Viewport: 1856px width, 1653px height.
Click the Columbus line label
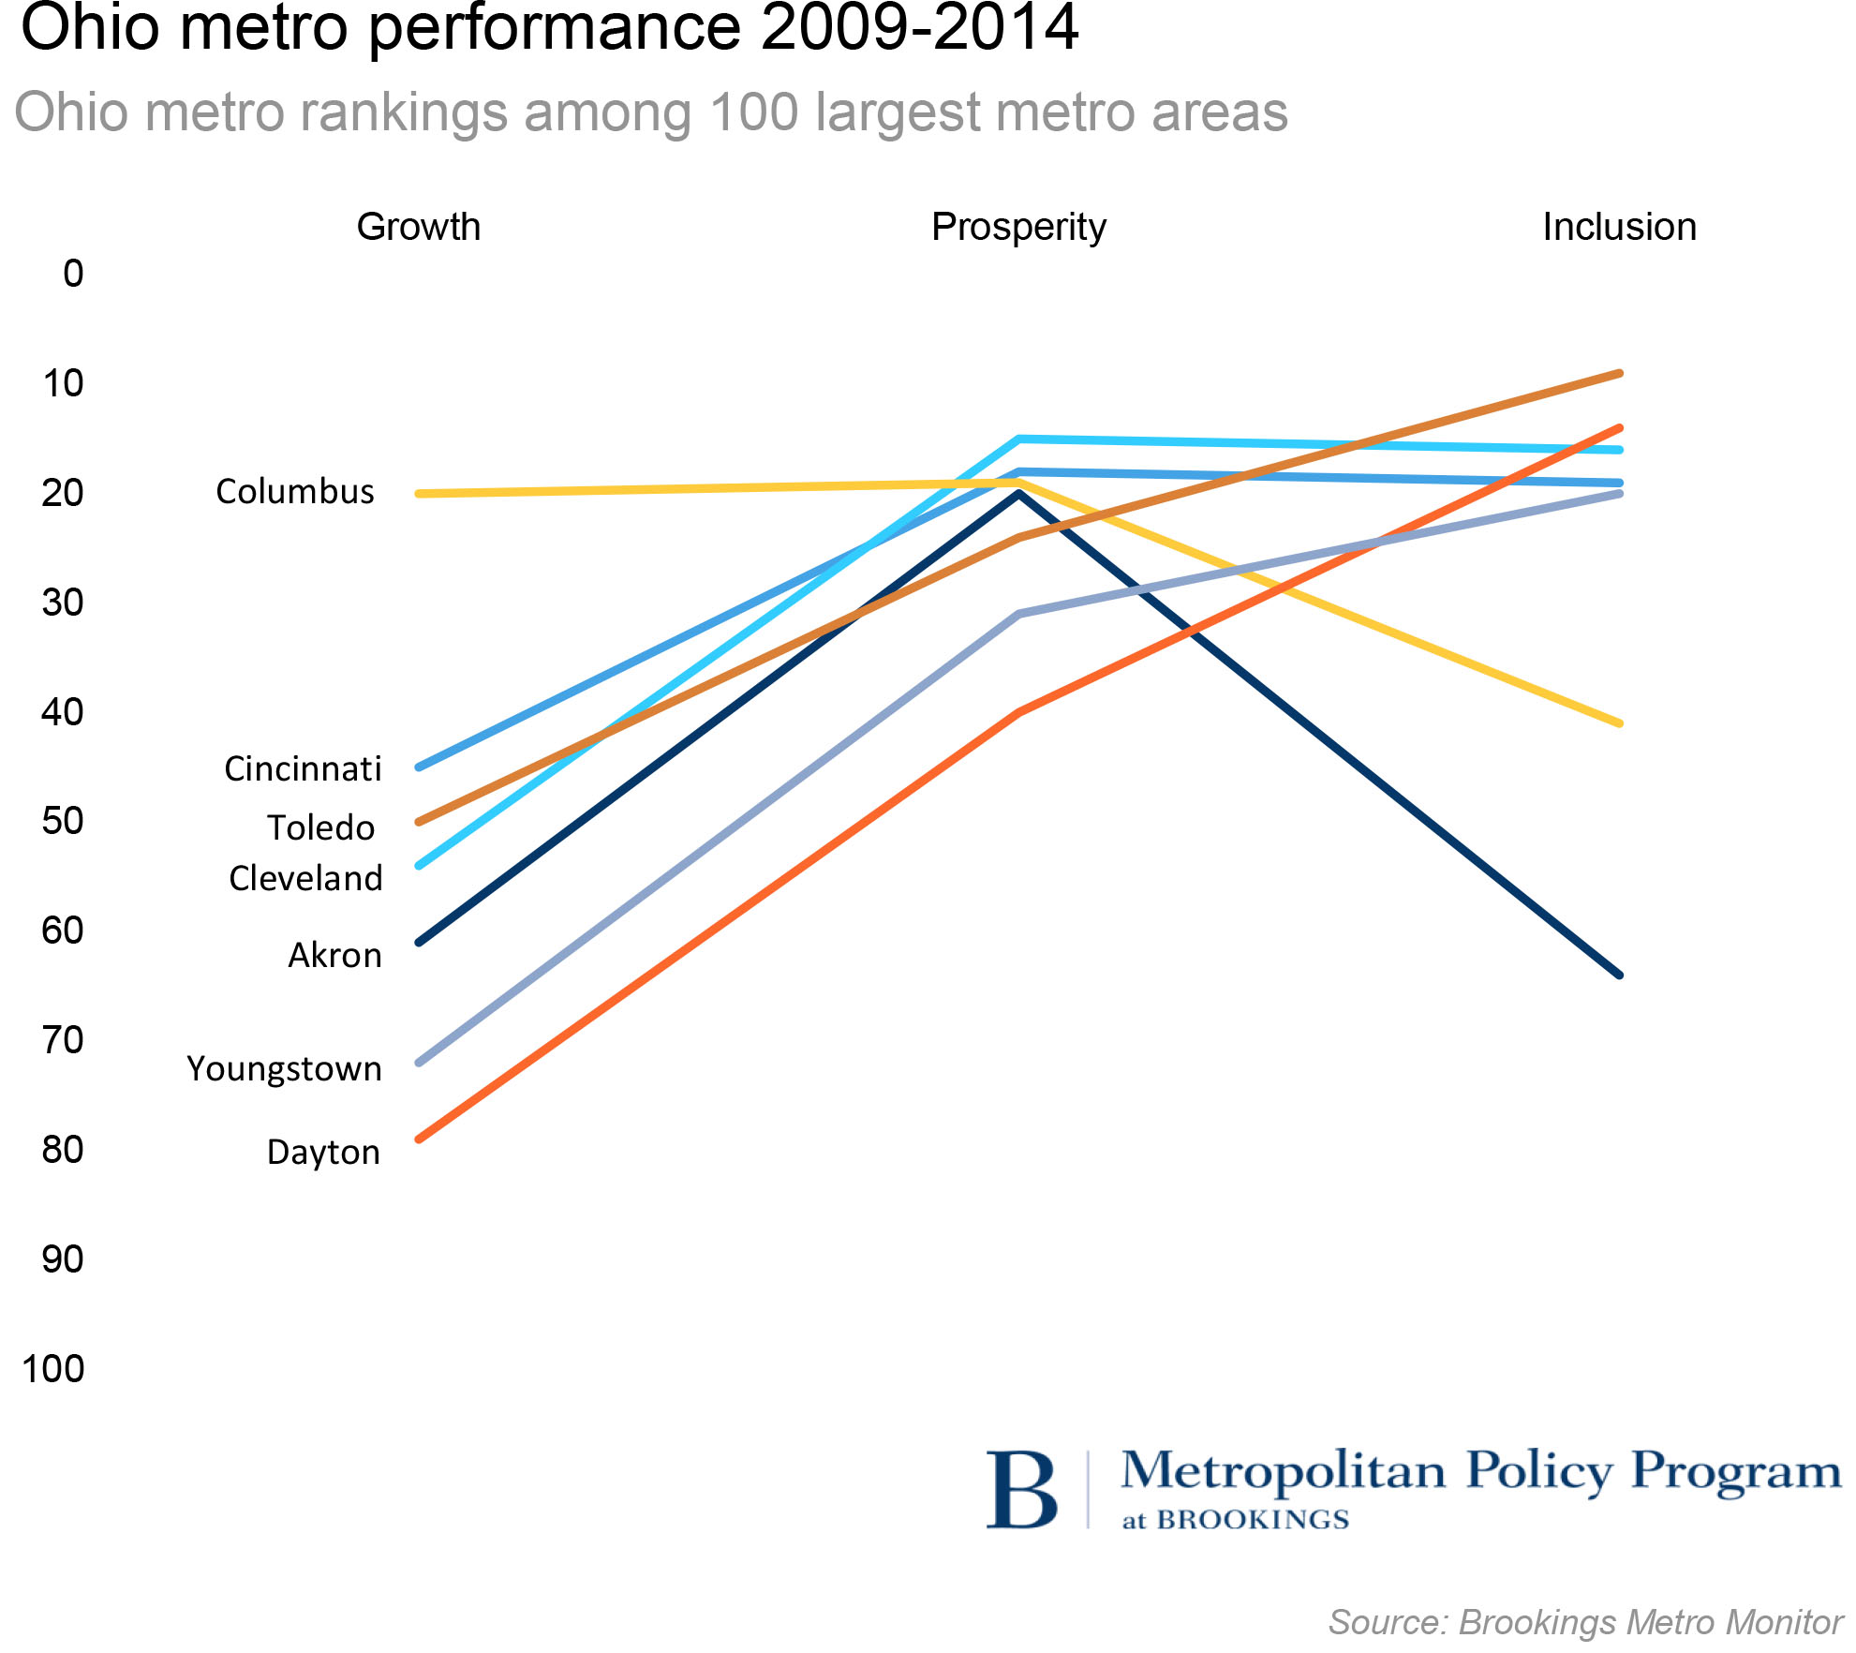click(x=295, y=492)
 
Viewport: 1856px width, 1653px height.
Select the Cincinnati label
click(x=303, y=769)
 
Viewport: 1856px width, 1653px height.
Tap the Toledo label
click(x=321, y=828)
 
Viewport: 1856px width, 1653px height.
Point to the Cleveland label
click(x=305, y=879)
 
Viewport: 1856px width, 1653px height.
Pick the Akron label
click(x=334, y=956)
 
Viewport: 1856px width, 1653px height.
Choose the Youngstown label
click(x=284, y=1069)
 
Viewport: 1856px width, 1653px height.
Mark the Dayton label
click(x=323, y=1153)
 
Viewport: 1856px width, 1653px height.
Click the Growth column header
click(x=419, y=228)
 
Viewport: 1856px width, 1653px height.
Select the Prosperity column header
click(x=1018, y=228)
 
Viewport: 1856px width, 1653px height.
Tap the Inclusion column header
click(x=1619, y=228)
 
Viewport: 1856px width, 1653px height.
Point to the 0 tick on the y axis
click(x=73, y=274)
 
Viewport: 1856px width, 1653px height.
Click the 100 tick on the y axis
click(x=53, y=1369)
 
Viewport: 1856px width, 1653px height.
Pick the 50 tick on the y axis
click(x=63, y=821)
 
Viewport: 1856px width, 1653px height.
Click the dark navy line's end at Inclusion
click(x=1619, y=975)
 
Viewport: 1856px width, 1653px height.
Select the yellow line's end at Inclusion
click(x=1619, y=723)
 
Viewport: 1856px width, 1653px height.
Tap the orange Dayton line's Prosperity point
click(x=1018, y=712)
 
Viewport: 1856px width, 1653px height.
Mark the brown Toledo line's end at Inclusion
click(x=1619, y=374)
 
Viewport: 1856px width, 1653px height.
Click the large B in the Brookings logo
click(x=1022, y=1490)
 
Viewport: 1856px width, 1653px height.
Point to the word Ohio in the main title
click(x=90, y=28)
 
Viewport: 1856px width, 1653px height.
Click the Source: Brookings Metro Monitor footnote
click(x=1585, y=1622)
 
